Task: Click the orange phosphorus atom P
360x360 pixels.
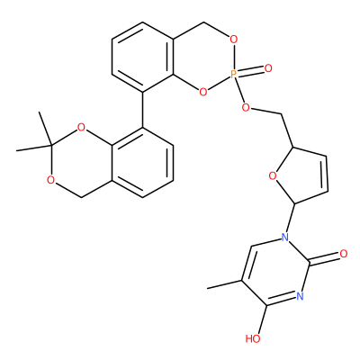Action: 234,74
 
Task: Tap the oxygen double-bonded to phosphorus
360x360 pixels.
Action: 268,68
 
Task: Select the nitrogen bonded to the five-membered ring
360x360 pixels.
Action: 285,238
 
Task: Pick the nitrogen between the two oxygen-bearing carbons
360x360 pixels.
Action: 300,296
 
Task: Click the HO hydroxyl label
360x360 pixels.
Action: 253,339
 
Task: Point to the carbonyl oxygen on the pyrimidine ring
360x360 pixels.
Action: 344,254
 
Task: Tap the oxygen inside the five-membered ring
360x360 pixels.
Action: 273,175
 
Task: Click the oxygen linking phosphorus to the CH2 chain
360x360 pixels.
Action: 246,107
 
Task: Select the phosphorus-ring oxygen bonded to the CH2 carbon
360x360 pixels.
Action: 232,40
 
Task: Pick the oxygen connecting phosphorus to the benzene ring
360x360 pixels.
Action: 203,92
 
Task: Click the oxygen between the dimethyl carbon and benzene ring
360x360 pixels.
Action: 81,128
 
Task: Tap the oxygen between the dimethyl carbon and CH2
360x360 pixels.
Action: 51,180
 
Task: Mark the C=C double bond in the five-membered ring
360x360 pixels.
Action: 326,173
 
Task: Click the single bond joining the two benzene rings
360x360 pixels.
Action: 142,110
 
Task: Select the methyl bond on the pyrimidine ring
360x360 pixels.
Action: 224,284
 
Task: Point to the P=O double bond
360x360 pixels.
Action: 250,71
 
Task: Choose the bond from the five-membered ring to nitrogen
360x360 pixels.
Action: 291,218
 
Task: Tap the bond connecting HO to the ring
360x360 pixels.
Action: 262,320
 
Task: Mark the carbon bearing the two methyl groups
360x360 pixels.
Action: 51,146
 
